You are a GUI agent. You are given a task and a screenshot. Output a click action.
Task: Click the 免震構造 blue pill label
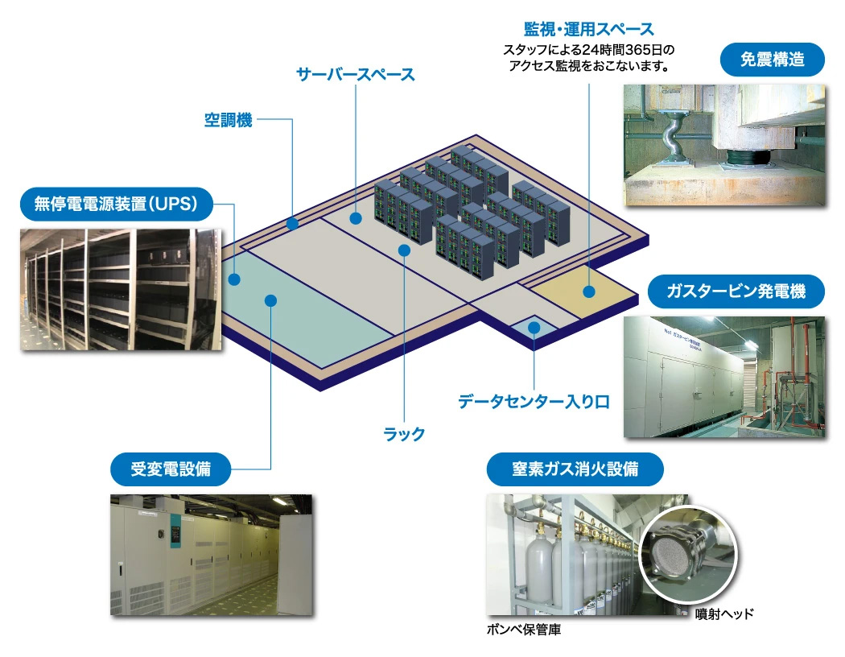tap(773, 60)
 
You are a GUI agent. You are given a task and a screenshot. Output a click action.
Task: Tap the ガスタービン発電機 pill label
tap(736, 291)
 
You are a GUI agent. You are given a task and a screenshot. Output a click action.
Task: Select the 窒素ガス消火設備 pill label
tap(575, 469)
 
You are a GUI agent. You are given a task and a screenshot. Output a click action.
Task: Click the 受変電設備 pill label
tap(171, 469)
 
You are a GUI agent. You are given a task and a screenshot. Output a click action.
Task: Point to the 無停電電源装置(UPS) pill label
tap(117, 204)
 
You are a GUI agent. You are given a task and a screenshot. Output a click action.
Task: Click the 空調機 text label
tap(228, 120)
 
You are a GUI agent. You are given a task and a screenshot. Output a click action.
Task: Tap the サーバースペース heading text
tap(356, 74)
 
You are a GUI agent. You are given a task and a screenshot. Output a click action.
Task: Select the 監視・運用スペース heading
tap(589, 28)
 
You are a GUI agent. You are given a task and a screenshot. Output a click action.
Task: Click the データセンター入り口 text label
tap(534, 402)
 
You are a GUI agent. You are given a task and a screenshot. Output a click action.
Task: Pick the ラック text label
tap(404, 434)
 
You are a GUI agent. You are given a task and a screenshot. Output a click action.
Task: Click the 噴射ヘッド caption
tap(724, 614)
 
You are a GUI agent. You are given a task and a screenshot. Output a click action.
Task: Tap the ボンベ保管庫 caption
tap(524, 630)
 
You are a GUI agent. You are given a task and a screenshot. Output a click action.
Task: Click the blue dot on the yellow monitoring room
tap(589, 291)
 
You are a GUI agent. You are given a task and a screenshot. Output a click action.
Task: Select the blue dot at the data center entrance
tap(534, 327)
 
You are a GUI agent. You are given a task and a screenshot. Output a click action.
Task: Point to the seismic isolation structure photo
tap(724, 144)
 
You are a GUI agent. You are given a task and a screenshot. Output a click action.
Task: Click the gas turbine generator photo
tap(724, 377)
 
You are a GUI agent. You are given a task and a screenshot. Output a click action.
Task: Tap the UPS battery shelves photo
tap(121, 289)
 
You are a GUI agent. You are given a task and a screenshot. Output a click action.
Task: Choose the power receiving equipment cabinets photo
tap(211, 555)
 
